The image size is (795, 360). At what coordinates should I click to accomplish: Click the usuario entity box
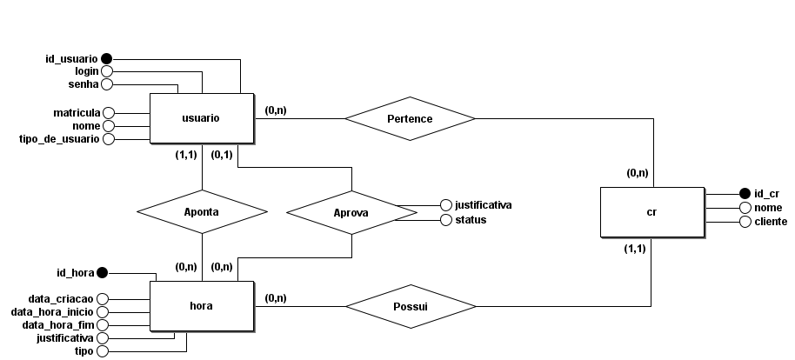[x=201, y=118]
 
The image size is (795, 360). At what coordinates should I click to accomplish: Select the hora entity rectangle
[x=201, y=306]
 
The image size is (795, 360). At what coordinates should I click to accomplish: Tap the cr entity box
[x=651, y=211]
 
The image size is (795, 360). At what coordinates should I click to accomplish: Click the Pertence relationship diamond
[x=411, y=118]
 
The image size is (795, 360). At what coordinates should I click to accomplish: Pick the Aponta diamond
[x=202, y=211]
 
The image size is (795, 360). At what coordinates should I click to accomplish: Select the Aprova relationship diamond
[x=351, y=211]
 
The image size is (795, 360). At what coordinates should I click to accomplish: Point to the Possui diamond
[x=411, y=306]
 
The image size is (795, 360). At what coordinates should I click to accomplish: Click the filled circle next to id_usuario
[x=107, y=58]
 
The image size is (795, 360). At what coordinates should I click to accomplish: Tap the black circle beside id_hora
[x=102, y=272]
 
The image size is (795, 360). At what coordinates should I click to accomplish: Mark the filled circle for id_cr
[x=745, y=193]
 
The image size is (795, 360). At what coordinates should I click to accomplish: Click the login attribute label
[x=84, y=70]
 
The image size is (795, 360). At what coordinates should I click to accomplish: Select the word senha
[x=84, y=84]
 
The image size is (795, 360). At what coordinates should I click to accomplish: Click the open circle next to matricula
[x=109, y=112]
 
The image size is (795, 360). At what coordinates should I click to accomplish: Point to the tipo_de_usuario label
[x=59, y=139]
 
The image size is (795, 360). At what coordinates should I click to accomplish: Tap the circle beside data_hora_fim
[x=102, y=324]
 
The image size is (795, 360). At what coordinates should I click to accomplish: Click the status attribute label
[x=470, y=219]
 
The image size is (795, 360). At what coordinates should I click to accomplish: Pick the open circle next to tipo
[x=102, y=351]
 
